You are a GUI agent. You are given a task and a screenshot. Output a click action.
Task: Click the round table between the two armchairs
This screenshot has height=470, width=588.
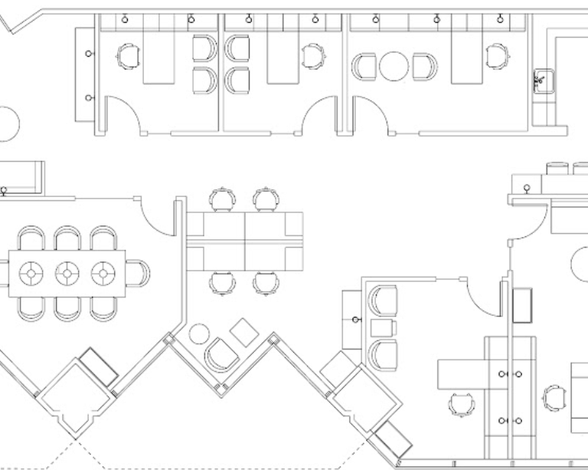(394, 66)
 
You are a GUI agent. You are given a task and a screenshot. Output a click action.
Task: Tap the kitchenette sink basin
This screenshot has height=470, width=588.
(541, 78)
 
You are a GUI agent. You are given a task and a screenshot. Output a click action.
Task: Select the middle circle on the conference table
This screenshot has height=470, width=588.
(67, 272)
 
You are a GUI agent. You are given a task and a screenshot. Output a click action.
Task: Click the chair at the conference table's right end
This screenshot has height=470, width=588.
(139, 272)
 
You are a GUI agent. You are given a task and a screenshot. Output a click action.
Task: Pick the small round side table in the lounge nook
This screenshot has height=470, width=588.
(200, 334)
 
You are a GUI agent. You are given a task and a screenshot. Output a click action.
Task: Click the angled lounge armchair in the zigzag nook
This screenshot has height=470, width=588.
(222, 355)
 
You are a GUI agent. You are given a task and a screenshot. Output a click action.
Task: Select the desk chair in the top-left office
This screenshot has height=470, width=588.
(128, 55)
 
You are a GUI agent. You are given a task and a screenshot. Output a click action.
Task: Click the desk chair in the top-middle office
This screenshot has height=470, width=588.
(312, 55)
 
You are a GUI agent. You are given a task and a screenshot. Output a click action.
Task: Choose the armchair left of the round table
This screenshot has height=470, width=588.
(364, 66)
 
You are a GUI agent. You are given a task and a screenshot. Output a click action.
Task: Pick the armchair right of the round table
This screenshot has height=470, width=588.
(423, 66)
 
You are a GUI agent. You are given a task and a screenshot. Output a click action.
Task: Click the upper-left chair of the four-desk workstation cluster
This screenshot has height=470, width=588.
(222, 199)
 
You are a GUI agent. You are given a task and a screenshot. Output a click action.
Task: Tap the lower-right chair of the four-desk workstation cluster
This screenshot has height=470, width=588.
(266, 283)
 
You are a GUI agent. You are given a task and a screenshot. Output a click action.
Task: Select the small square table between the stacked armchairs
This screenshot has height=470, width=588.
(383, 328)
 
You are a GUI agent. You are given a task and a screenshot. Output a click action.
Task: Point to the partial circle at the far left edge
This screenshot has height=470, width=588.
(8, 123)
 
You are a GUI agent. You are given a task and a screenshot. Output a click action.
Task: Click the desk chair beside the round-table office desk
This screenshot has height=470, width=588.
(497, 55)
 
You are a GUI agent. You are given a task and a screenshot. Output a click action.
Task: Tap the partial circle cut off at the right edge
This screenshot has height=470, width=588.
(580, 265)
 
